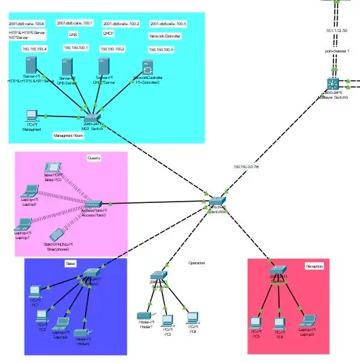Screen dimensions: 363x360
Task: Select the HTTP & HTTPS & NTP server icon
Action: coord(30,66)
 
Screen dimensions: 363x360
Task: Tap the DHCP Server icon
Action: coord(104,67)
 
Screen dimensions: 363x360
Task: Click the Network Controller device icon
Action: coord(148,67)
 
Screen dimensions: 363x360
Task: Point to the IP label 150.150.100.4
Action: coord(35,49)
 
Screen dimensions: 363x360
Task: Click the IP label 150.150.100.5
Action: coord(161,50)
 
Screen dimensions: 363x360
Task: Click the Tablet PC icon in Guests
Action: coord(52,168)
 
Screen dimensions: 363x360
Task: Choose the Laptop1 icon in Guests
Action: coord(23,224)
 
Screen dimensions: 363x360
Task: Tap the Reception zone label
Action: coord(314,266)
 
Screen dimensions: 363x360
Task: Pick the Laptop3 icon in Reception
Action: coord(308,320)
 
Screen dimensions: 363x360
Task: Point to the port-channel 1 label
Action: coord(337,51)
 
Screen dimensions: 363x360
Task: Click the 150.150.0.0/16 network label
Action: coord(246,167)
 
